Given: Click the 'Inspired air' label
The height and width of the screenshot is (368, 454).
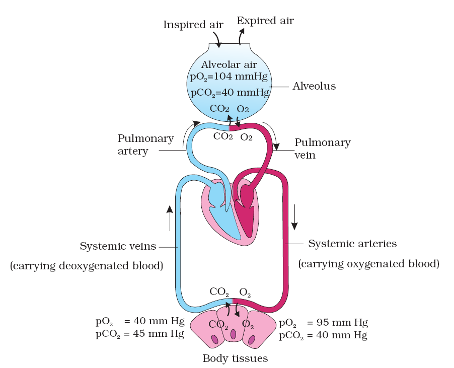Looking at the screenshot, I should click(186, 25).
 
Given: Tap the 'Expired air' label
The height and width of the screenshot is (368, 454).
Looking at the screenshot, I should click(265, 21).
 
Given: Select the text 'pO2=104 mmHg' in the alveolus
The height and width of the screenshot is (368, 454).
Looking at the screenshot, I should click(229, 77).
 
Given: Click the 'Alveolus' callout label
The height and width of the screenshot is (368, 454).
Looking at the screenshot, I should click(314, 87).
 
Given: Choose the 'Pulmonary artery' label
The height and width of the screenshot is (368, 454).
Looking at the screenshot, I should click(145, 144).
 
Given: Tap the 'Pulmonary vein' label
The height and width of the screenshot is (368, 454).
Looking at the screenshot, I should click(322, 149).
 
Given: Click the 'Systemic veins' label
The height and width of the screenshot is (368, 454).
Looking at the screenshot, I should click(118, 247).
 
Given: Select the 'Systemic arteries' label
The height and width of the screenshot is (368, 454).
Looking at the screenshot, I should click(352, 244).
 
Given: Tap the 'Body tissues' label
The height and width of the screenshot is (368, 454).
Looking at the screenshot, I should click(235, 359).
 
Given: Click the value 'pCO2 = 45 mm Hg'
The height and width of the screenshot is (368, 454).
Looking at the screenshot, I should click(139, 333).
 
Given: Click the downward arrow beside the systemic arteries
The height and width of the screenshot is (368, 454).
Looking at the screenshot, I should click(295, 216).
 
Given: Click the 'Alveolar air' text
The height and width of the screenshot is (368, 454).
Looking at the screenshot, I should click(229, 64).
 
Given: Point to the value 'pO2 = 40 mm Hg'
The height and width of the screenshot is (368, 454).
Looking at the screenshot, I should click(139, 321).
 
